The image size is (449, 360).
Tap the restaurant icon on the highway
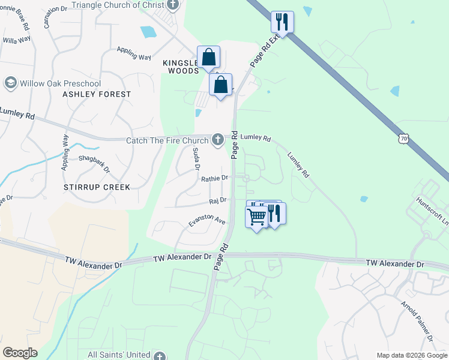(x=282, y=22)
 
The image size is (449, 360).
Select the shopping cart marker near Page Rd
(x=257, y=217)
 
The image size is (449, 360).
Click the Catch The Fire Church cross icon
(x=217, y=140)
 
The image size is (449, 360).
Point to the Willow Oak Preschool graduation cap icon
(x=10, y=83)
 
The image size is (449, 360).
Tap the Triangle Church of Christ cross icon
(x=173, y=5)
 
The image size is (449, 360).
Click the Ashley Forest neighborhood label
(x=97, y=94)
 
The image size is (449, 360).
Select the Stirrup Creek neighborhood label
(x=97, y=187)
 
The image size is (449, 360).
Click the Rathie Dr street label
(x=214, y=178)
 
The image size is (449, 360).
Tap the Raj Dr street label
(x=217, y=200)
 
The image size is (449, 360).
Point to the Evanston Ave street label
(x=206, y=220)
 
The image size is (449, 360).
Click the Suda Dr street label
(x=196, y=158)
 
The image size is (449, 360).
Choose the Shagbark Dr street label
(x=94, y=163)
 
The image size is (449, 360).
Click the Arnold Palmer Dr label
(x=418, y=320)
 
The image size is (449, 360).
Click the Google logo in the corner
(x=20, y=353)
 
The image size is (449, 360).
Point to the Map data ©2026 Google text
(x=411, y=355)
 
